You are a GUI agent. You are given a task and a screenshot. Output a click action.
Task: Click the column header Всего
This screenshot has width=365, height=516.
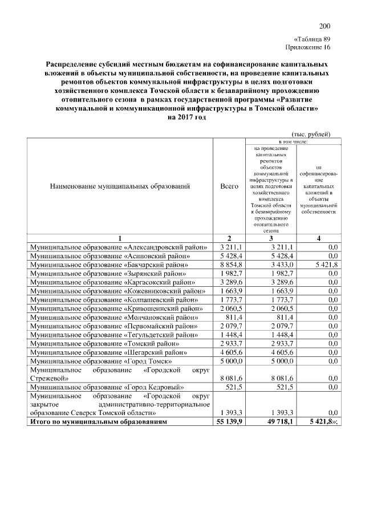[229, 186]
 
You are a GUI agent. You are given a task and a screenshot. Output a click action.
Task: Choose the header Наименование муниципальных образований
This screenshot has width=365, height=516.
[120, 186]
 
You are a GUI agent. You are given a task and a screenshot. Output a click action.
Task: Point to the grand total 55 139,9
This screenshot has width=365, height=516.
[229, 422]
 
